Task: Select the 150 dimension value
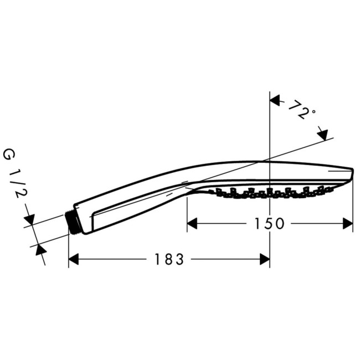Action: coord(269,223)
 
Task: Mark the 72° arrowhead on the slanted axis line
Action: coord(322,134)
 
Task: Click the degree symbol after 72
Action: coord(313,112)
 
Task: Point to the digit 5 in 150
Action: coord(269,223)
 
